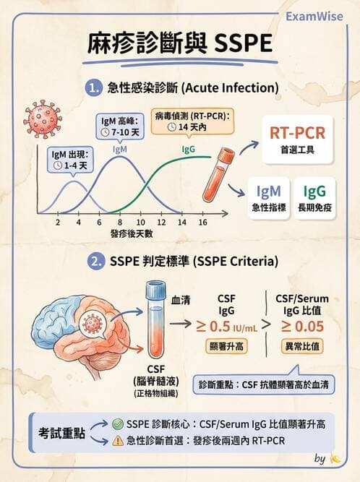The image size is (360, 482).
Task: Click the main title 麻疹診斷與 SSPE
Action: tap(180, 43)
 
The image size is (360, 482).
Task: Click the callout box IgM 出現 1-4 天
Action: tap(72, 159)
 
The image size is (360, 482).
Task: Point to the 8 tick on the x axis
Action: tap(119, 223)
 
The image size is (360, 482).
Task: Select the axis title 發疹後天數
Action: tap(132, 234)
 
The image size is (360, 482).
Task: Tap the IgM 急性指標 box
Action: tap(270, 197)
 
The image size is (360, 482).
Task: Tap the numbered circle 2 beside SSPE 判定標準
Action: tap(94, 260)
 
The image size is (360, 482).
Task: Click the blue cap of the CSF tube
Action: tap(156, 290)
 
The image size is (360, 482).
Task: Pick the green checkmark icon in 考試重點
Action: tap(119, 424)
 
